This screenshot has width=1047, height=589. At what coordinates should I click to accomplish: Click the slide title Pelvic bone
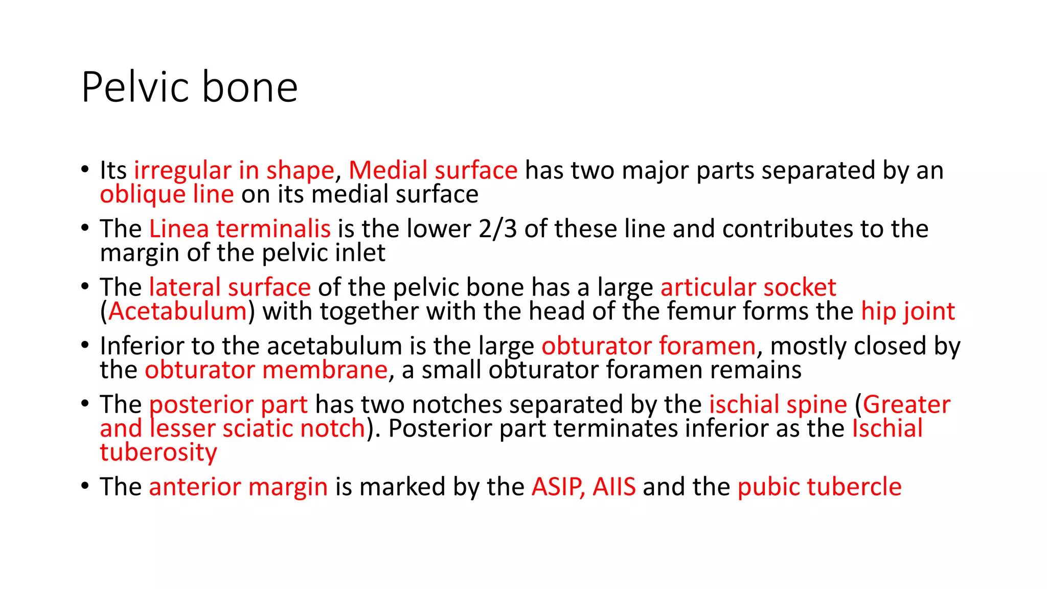tap(189, 87)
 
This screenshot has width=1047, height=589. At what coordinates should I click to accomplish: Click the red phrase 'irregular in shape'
tap(234, 170)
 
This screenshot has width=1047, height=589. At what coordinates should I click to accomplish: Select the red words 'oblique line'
tap(167, 194)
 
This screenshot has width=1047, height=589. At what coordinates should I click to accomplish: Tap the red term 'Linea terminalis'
tap(240, 229)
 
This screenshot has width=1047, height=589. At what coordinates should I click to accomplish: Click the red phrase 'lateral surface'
tap(230, 287)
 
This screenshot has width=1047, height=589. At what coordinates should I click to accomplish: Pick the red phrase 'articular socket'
tap(748, 287)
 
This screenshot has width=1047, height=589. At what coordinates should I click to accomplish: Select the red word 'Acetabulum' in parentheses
tap(177, 311)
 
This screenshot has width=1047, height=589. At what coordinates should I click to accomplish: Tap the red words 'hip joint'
tap(908, 311)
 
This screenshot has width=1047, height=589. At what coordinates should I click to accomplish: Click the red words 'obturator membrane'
tap(266, 370)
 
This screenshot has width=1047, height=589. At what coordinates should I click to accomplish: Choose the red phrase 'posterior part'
tap(228, 404)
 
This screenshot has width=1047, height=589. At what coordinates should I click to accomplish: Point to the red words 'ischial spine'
tap(778, 404)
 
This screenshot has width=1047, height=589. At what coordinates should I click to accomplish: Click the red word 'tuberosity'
tap(158, 452)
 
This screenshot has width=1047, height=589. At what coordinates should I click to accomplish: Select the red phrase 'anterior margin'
tap(238, 486)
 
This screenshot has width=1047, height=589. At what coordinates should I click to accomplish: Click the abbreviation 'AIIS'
tap(614, 486)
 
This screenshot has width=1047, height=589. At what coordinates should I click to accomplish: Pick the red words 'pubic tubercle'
tap(820, 486)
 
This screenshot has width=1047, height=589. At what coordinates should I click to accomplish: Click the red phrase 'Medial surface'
tap(433, 170)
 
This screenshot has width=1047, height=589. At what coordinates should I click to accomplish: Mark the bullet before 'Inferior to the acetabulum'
tap(85, 345)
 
